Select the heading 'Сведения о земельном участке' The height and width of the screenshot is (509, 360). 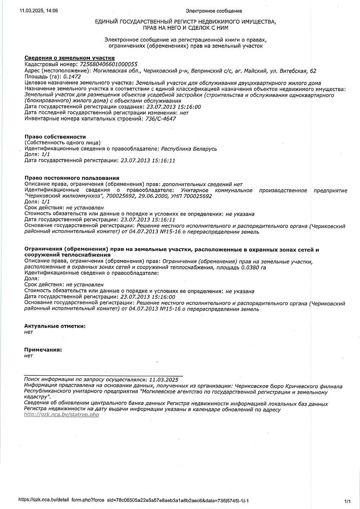tap(70, 58)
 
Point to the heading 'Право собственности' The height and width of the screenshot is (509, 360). tap(55, 137)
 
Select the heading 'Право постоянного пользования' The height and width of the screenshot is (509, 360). tap(72, 178)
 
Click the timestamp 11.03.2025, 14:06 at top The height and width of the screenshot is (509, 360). tap(39, 11)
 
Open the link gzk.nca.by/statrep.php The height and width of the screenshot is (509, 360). tap(62, 414)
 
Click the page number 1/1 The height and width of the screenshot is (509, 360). tap(348, 501)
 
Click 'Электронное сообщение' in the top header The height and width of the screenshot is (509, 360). tap(214, 11)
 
